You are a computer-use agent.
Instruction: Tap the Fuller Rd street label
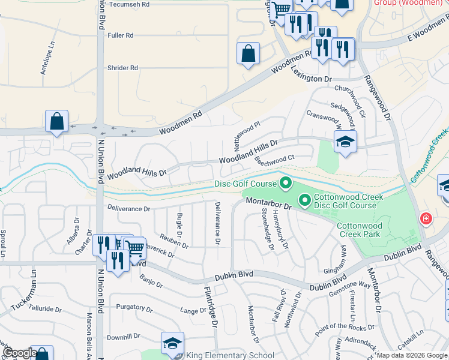pyautogui.click(x=120, y=35)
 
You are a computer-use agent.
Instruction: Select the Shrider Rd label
pyautogui.click(x=122, y=68)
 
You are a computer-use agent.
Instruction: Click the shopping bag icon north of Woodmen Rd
pyautogui.click(x=248, y=54)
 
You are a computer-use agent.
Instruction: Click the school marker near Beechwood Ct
pyautogui.click(x=345, y=142)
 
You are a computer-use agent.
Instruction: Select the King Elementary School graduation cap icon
pyautogui.click(x=172, y=344)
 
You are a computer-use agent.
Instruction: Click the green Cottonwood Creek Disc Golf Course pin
pyautogui.click(x=304, y=199)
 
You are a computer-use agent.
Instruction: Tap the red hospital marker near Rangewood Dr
pyautogui.click(x=426, y=218)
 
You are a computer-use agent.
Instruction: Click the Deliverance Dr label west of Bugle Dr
pyautogui.click(x=128, y=209)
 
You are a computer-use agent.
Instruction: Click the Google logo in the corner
pyautogui.click(x=19, y=353)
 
